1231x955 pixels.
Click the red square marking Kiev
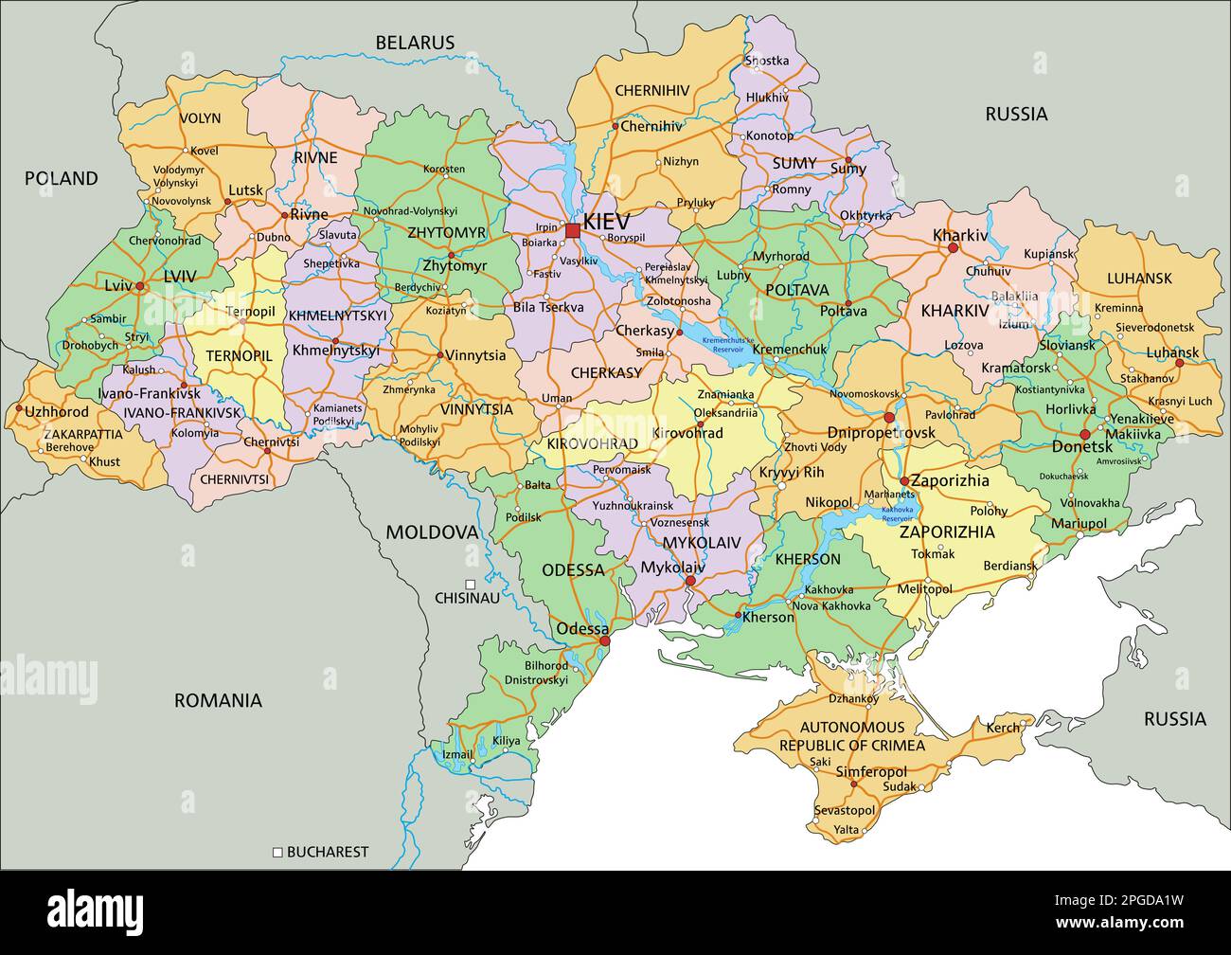pos(572,230)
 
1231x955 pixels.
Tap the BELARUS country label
pos(415,43)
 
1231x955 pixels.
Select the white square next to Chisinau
pos(470,585)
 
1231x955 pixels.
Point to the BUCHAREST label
pos(327,852)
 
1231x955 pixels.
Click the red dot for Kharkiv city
pos(953,248)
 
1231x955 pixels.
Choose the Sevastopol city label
pos(845,810)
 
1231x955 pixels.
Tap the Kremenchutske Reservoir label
pos(728,344)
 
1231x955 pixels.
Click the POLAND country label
pos(61,178)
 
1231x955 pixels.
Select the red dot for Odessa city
pos(605,641)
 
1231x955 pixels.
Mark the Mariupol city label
pos(1079,523)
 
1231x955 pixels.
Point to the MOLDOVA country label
pos(432,532)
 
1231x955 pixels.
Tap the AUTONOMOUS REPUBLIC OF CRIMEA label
pos(851,736)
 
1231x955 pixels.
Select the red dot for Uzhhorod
pos(18,409)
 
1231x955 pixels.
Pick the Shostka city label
pos(767,61)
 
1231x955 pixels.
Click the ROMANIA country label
pos(218,701)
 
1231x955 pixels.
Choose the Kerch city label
pos(1004,728)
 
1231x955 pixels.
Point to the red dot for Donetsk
pos(1085,435)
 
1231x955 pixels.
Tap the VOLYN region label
pos(199,118)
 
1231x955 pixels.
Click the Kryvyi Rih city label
pos(792,472)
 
